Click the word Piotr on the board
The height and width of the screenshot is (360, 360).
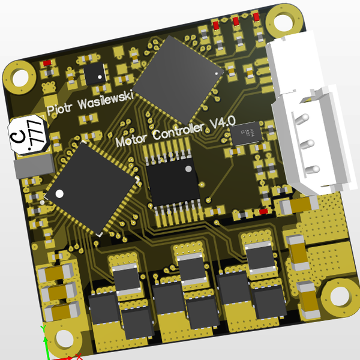pos(59,110)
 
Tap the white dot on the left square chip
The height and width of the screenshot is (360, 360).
pos(60,194)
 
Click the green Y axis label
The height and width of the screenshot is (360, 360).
pos(43,329)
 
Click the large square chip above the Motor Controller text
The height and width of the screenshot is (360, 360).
pos(178,79)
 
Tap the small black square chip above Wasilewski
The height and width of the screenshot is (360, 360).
pos(94,74)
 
